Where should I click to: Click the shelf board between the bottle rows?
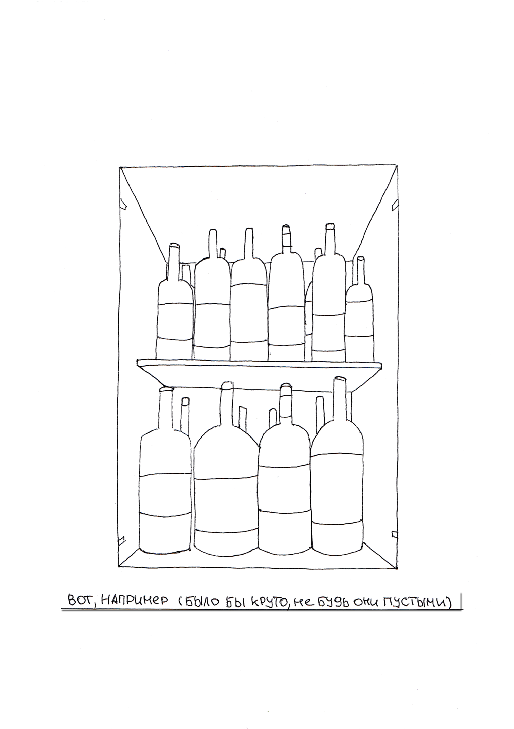[259, 363]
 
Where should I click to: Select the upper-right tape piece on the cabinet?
[394, 204]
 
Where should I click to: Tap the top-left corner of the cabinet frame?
[119, 167]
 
